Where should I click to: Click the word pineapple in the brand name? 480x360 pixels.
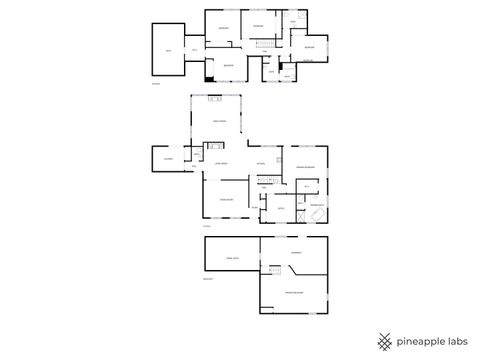click(420, 340)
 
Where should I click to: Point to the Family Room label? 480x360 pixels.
click(219, 121)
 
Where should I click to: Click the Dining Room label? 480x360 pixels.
click(227, 200)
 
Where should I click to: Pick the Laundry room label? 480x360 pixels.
click(168, 159)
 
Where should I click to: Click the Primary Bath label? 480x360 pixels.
click(315, 205)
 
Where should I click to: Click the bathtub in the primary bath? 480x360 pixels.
click(316, 217)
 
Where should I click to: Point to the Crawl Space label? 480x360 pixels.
click(232, 258)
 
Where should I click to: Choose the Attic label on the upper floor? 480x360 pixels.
click(168, 50)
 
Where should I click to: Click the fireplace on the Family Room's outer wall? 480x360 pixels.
click(215, 98)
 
